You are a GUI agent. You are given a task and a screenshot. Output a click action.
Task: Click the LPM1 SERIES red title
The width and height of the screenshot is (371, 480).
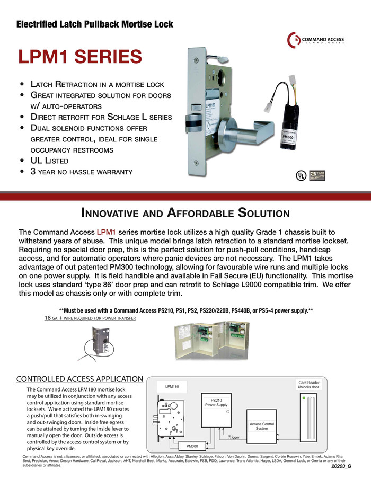point(80,57)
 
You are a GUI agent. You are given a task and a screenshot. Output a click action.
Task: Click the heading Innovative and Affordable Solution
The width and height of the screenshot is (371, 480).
point(185,213)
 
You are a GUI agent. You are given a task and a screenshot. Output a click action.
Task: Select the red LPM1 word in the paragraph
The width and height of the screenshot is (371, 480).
point(106,232)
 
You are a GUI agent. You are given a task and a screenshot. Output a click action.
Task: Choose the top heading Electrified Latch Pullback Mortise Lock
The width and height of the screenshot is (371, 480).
point(95,24)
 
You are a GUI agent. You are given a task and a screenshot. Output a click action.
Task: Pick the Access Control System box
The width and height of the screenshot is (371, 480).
point(262,426)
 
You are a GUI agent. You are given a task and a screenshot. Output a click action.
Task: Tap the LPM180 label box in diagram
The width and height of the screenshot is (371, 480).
point(172,387)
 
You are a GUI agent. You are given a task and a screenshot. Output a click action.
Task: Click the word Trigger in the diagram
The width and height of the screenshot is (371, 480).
point(234,437)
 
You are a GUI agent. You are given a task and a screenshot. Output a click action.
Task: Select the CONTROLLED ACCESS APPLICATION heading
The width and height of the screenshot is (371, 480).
point(79,379)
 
